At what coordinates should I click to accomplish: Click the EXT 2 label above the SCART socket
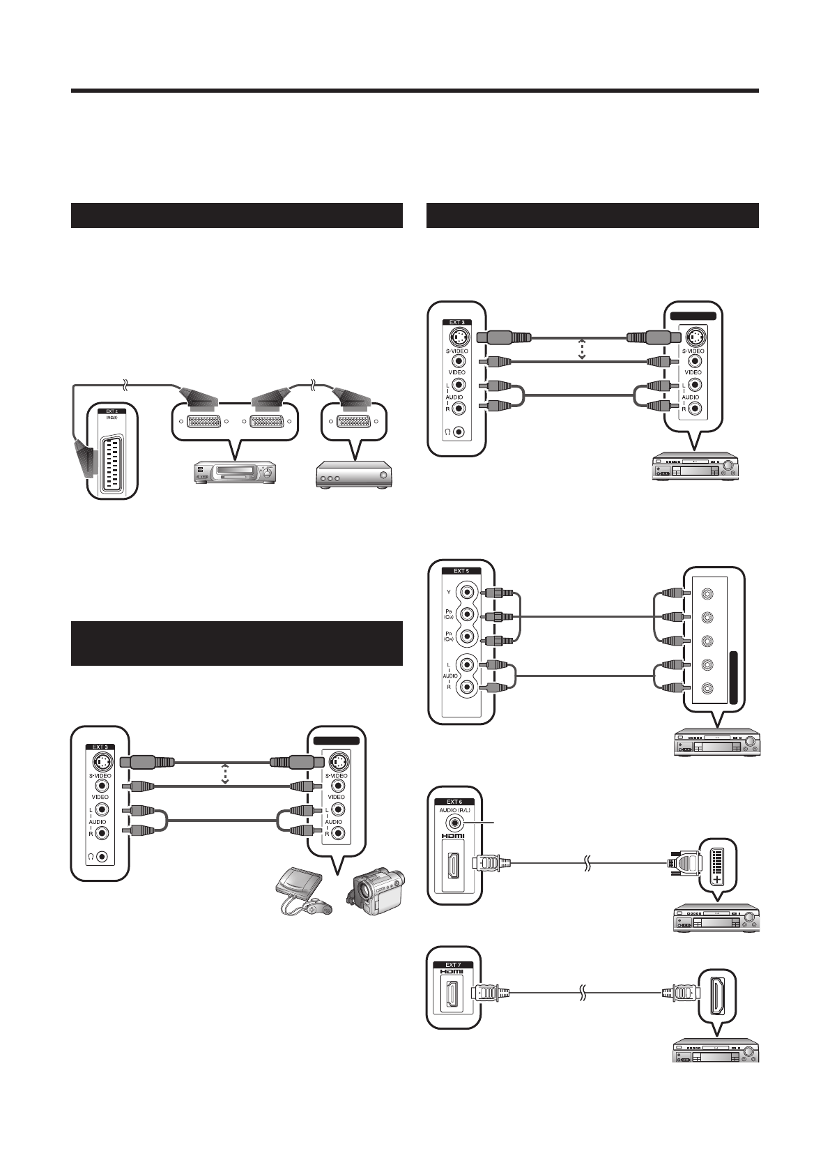pos(112,411)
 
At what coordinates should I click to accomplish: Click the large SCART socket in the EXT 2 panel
pos(112,457)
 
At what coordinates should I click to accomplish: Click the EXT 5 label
pos(461,570)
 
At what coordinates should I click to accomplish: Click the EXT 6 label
pos(454,802)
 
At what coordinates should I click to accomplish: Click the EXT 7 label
pos(453,965)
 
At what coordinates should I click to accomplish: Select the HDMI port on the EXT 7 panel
pos(454,991)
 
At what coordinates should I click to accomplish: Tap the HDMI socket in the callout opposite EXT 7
pos(717,991)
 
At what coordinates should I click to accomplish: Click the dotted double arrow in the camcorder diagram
pos(225,774)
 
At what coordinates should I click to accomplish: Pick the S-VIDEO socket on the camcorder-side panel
pos(337,760)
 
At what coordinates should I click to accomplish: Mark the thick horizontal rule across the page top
pos(415,91)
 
